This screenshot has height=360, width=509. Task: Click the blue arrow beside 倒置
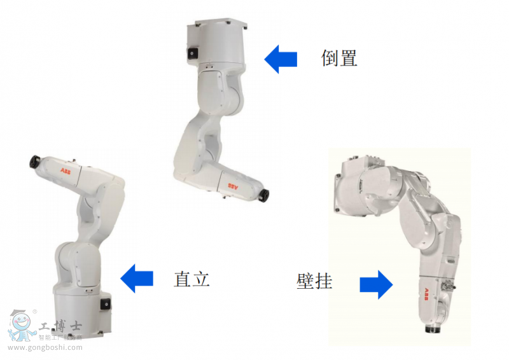[x=281, y=59]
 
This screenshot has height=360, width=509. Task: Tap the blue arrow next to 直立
[x=137, y=278]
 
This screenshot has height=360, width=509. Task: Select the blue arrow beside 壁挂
[x=376, y=284]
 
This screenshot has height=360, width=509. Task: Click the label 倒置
[x=339, y=59]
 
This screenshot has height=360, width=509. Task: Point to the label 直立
[x=192, y=279]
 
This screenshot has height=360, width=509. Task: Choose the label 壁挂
[x=314, y=280]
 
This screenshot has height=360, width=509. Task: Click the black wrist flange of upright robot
[x=32, y=161]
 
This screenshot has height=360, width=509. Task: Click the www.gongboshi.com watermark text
[x=45, y=348]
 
